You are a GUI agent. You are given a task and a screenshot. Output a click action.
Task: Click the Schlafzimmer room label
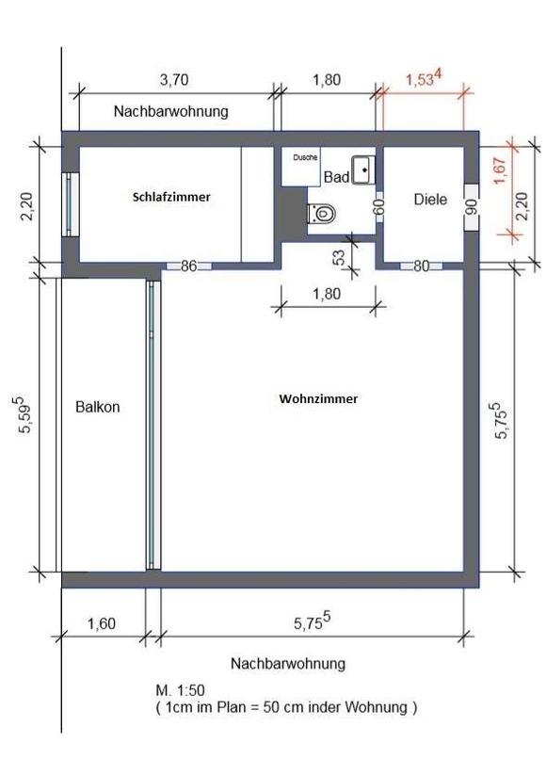point(171,197)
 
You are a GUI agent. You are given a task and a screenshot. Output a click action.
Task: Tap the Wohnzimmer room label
point(318,399)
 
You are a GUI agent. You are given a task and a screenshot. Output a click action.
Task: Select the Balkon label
point(97,407)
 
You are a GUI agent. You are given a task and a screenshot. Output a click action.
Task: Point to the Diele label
point(430,200)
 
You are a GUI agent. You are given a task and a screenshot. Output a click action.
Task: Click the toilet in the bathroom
point(322,213)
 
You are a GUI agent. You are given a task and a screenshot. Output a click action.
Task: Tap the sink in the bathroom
point(363,170)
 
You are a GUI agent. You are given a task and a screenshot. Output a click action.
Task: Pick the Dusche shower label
point(305,157)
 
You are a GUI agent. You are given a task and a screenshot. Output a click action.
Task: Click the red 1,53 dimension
point(424,78)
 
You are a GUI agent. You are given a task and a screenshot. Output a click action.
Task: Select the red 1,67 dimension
point(500,170)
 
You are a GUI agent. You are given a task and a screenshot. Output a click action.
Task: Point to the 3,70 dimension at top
point(174,80)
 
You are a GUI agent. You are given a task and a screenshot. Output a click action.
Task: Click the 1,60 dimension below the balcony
point(102,623)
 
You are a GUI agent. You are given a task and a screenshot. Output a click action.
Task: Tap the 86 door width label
point(189,266)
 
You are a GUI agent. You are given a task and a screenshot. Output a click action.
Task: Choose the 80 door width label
point(421,266)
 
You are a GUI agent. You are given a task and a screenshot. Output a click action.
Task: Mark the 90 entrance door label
point(472,206)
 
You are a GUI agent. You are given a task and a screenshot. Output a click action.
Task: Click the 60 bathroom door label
point(380,206)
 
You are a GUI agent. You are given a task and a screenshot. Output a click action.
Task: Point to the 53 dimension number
point(339,256)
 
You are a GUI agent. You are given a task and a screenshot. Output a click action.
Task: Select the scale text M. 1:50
point(180,689)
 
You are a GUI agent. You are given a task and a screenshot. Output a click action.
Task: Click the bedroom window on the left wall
point(71,204)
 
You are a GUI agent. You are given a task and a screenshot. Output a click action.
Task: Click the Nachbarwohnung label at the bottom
point(288,663)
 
